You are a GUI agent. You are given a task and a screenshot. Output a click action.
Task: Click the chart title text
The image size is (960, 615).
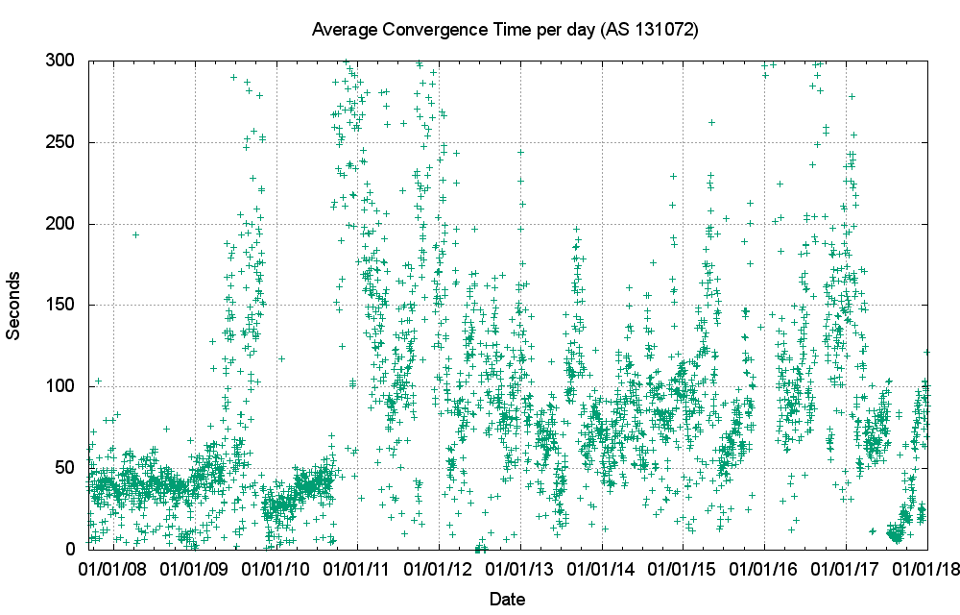pos(505,30)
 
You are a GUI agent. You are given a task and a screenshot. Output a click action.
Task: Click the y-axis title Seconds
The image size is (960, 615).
pos(14,305)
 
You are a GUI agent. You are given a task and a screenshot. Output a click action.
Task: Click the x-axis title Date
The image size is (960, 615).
pos(507,600)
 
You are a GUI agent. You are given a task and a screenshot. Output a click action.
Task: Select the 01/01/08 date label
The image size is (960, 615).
pos(114,570)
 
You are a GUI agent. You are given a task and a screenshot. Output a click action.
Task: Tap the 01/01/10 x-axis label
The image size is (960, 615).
pos(276,570)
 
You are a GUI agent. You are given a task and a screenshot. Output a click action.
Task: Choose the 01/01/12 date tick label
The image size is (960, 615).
pos(440,570)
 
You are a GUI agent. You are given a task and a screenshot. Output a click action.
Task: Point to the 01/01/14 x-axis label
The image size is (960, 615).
pos(602,570)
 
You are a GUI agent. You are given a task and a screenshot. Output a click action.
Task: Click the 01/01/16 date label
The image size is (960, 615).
pos(764,570)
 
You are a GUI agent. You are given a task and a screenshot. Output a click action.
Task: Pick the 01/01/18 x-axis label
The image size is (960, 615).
pos(927,570)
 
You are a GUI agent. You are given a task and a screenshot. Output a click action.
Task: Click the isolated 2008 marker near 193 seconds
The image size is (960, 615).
pos(136,234)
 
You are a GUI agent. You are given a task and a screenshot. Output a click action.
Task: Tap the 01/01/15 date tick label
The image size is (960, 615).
pos(683,570)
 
